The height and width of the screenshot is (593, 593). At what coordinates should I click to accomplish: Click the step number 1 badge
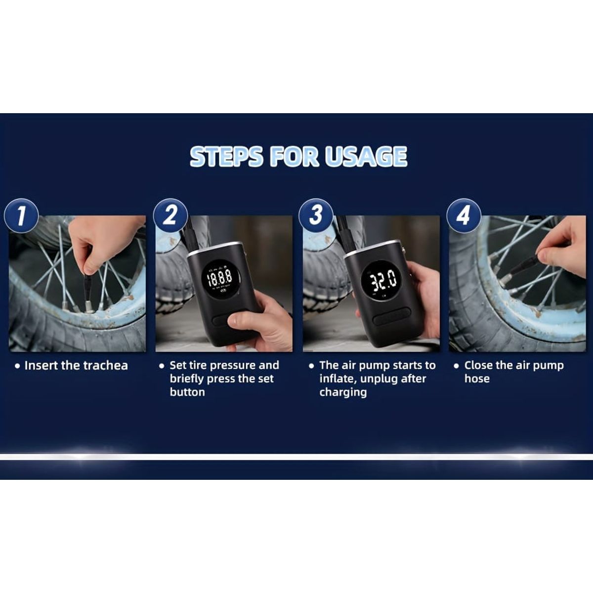click(21, 215)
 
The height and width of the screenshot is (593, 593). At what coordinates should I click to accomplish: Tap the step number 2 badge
click(170, 215)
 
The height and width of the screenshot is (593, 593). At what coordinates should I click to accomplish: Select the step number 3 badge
click(316, 215)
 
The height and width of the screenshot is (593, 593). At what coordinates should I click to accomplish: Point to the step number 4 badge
click(464, 215)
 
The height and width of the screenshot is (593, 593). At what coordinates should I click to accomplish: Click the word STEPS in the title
click(226, 156)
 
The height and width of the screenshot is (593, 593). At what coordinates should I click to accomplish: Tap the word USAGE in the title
click(366, 156)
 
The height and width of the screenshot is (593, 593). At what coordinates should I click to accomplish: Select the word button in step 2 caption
click(187, 392)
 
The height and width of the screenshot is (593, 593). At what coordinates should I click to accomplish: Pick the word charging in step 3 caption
click(343, 393)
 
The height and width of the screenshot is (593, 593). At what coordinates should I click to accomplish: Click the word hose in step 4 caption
click(477, 379)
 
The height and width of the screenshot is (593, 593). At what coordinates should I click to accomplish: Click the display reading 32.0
click(381, 280)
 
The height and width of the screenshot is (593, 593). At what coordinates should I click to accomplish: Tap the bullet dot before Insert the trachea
click(18, 366)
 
